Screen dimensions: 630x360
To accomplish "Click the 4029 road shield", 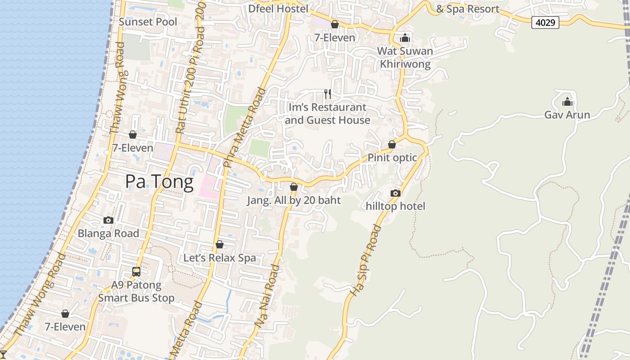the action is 545,22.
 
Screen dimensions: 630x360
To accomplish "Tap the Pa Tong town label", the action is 159,181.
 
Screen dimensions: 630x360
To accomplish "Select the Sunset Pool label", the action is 148,22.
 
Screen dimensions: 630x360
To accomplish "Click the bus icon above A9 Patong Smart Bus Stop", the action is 136,272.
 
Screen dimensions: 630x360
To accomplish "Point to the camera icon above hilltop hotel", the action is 395,193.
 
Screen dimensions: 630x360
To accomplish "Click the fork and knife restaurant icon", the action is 328,94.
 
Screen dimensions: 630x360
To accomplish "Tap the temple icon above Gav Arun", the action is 567,102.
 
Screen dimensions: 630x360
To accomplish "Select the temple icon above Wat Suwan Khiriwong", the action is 405,38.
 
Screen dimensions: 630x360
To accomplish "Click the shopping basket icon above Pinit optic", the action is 392,144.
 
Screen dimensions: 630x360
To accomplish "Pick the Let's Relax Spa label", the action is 220,258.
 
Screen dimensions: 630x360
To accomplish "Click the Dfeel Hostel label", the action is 279,9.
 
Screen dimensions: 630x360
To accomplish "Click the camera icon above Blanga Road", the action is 108,220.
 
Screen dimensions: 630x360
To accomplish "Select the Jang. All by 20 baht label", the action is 294,200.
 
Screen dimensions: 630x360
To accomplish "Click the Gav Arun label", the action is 567,115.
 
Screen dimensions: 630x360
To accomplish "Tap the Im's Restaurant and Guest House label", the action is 327,114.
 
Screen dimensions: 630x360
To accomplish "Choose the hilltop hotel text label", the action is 396,206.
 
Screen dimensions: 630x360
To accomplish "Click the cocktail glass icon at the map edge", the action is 3,355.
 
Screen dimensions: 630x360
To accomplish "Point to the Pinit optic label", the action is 392,158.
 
